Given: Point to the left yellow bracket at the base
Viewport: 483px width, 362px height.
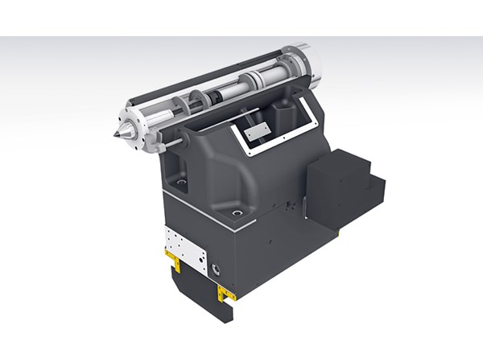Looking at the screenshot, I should pyautogui.click(x=172, y=258).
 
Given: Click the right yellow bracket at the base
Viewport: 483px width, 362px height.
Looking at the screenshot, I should pyautogui.click(x=226, y=294).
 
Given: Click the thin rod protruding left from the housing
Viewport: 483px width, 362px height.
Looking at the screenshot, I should pyautogui.click(x=165, y=144).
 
